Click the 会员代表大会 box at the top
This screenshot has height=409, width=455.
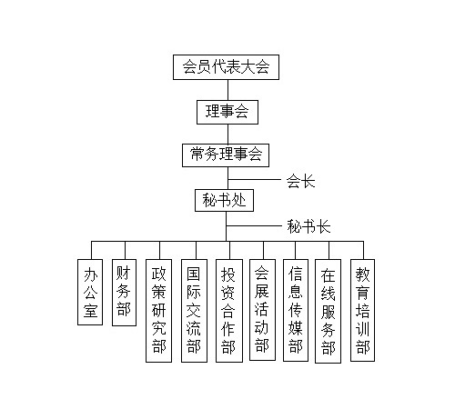click(226, 67)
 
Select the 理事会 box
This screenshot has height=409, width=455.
click(227, 112)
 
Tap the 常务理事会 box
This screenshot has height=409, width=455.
click(226, 155)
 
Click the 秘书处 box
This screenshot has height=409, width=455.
click(224, 200)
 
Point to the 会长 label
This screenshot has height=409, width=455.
click(301, 181)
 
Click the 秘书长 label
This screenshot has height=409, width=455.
click(308, 226)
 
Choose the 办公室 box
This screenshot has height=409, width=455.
click(90, 292)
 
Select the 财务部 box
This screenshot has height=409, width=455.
click(124, 293)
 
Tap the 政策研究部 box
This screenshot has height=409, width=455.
click(158, 311)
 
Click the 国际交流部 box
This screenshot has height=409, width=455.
click(194, 311)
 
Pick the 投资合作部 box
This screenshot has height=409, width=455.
click(229, 311)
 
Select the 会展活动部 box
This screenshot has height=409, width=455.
click(262, 310)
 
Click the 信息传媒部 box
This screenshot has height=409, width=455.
click(296, 310)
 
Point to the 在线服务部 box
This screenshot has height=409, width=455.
click(328, 311)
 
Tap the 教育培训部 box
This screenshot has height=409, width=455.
click(362, 310)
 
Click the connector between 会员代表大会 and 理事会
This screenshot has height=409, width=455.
click(227, 90)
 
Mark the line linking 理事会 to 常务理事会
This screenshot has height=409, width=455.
click(227, 134)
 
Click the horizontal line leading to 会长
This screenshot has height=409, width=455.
click(255, 180)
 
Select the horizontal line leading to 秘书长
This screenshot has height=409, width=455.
click(254, 225)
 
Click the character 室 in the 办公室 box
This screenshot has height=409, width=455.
click(90, 310)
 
